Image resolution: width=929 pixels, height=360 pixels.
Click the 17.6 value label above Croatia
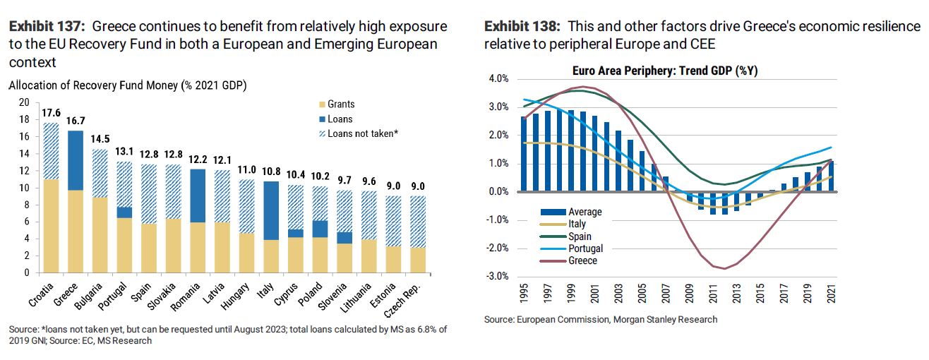coord(51,113)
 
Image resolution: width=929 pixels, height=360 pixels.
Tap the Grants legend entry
coord(342,104)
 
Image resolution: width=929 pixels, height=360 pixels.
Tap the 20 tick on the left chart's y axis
coord(23,102)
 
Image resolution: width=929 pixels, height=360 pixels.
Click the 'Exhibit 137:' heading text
coord(47,27)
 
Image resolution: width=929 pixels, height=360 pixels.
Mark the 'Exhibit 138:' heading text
coord(523,27)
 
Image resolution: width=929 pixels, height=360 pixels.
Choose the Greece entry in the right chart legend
coord(583,260)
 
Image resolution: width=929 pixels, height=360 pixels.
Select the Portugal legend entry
coord(587,248)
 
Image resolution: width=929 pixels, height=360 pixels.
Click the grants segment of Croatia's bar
coord(51,226)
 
